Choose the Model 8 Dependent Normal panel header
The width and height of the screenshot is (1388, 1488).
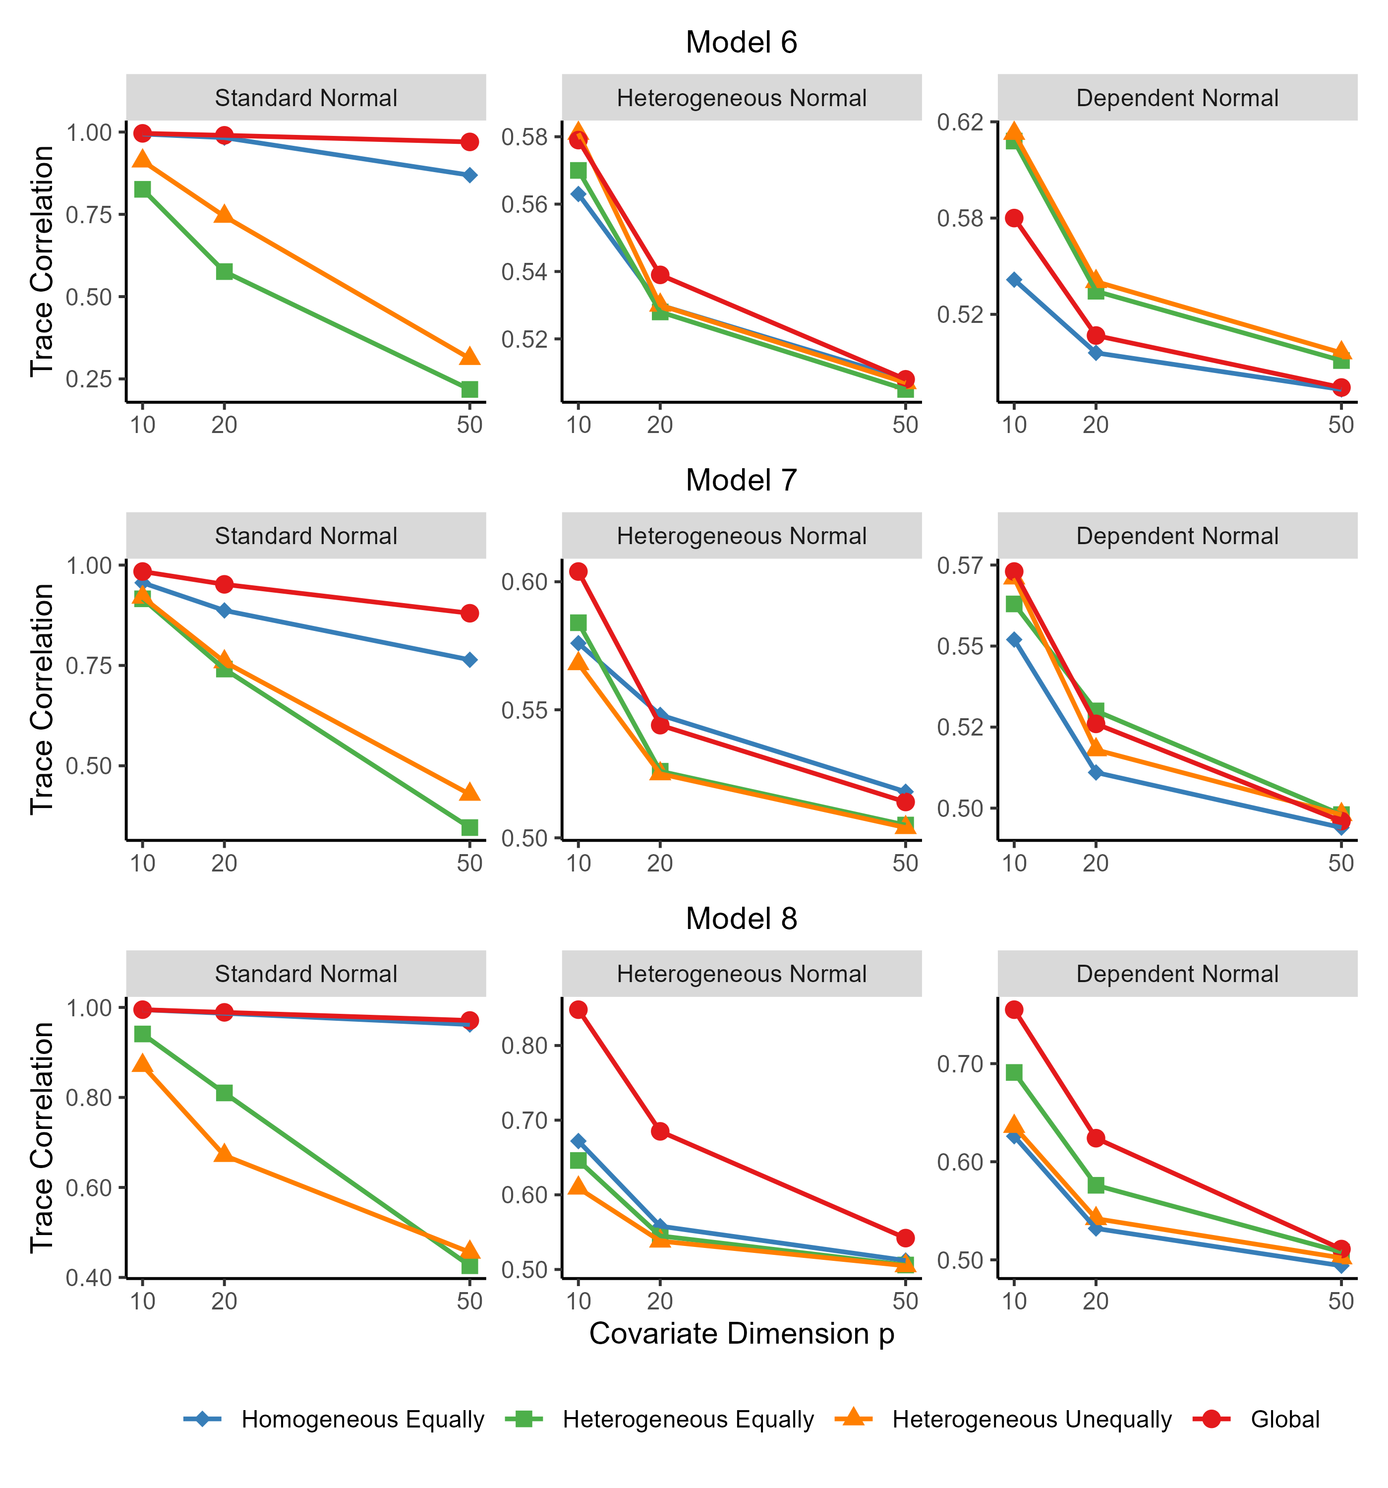tap(1177, 974)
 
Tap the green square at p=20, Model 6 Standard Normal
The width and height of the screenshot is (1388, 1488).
tap(224, 271)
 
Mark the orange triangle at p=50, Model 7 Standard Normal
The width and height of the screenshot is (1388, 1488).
tap(469, 792)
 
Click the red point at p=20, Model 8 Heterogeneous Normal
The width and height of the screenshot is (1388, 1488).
tap(659, 1131)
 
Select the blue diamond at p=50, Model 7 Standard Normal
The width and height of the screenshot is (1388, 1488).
tap(469, 659)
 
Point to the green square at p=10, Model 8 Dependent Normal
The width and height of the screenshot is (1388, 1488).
tap(1014, 1072)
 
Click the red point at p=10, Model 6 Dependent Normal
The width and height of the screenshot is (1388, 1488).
tap(1014, 218)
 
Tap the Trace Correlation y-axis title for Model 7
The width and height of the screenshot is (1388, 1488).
tap(42, 698)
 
